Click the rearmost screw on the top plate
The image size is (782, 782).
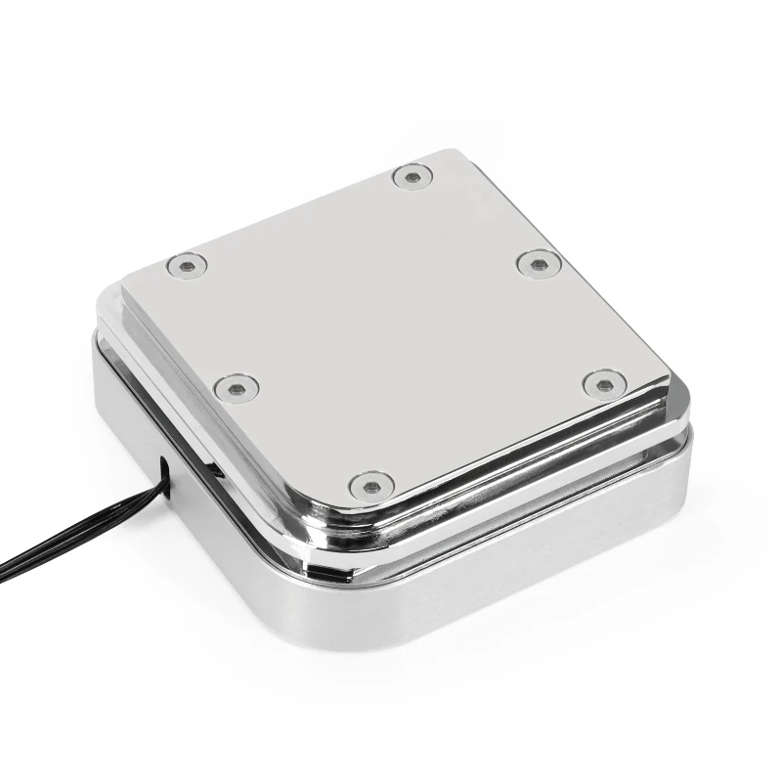tap(413, 177)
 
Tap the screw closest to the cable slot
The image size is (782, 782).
tap(237, 388)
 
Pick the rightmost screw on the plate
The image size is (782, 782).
tap(604, 383)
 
